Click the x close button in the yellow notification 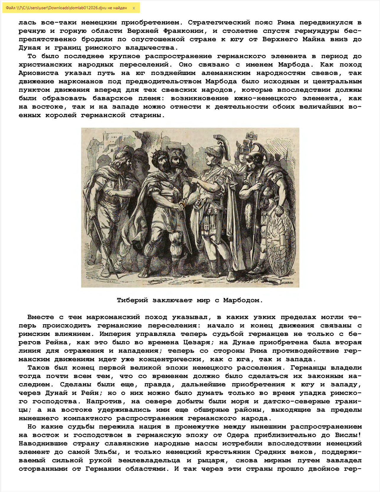click(x=134, y=8)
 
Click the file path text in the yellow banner click(x=66, y=8)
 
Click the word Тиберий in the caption click(x=132, y=300)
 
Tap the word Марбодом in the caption click(x=242, y=300)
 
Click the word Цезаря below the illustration click(x=197, y=342)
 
